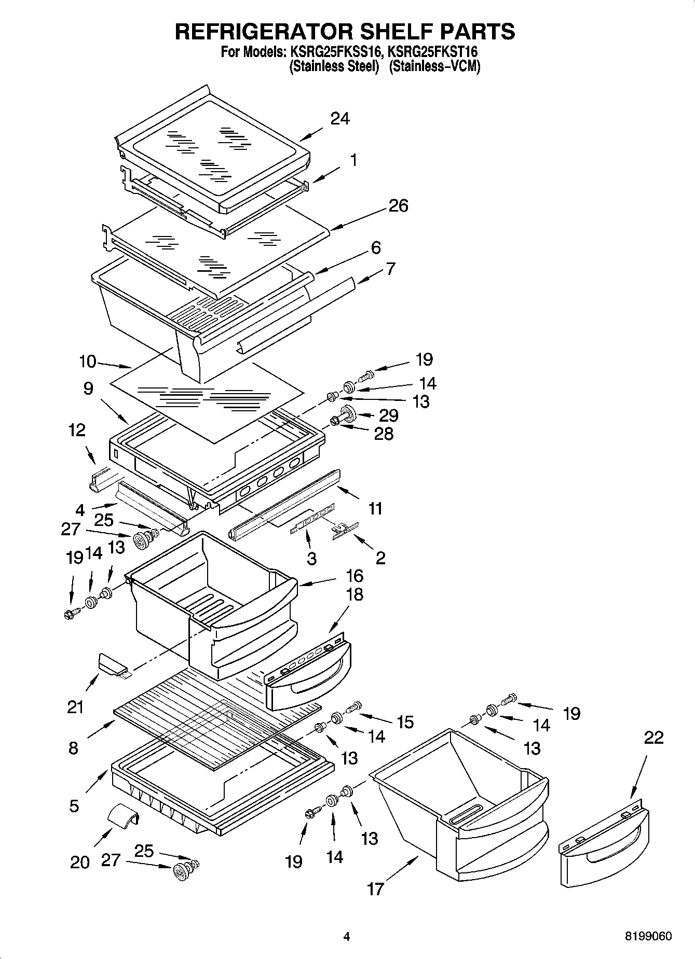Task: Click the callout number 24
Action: point(340,119)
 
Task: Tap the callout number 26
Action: point(398,205)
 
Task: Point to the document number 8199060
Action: point(649,936)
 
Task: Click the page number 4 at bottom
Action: point(346,936)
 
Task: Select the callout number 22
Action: point(653,738)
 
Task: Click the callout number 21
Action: point(75,706)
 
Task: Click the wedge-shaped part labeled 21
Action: point(111,664)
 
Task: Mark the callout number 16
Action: point(355,576)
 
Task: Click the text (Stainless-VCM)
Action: point(434,66)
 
